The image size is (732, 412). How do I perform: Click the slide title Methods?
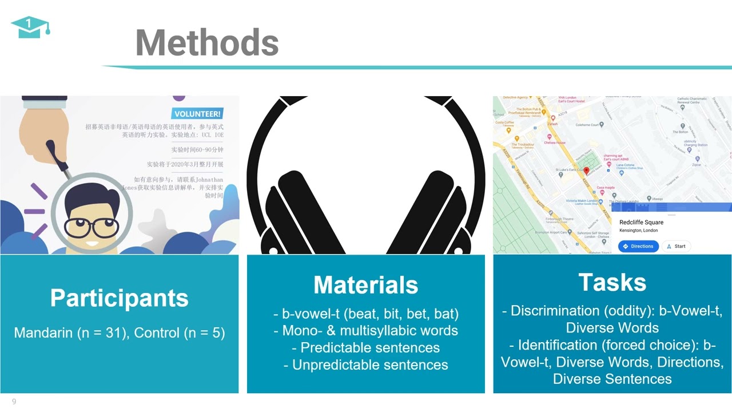coord(206,43)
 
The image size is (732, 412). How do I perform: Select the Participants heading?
coord(119,298)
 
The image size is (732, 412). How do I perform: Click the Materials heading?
coord(365,285)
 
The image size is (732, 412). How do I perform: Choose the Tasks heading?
coord(612,282)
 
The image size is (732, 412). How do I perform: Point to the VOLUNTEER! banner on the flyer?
coord(197,114)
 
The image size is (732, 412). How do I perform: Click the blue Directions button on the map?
coord(638,246)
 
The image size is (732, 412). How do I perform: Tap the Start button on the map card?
coord(675,246)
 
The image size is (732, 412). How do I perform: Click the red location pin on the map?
coord(586,171)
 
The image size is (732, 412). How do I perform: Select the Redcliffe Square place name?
coord(641,222)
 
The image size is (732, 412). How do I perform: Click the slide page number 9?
coord(14,402)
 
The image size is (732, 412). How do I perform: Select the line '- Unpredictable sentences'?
coord(365,365)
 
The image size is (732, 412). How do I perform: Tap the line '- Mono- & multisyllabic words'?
coord(365,330)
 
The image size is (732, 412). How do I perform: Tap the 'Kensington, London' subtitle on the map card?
coord(638,231)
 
